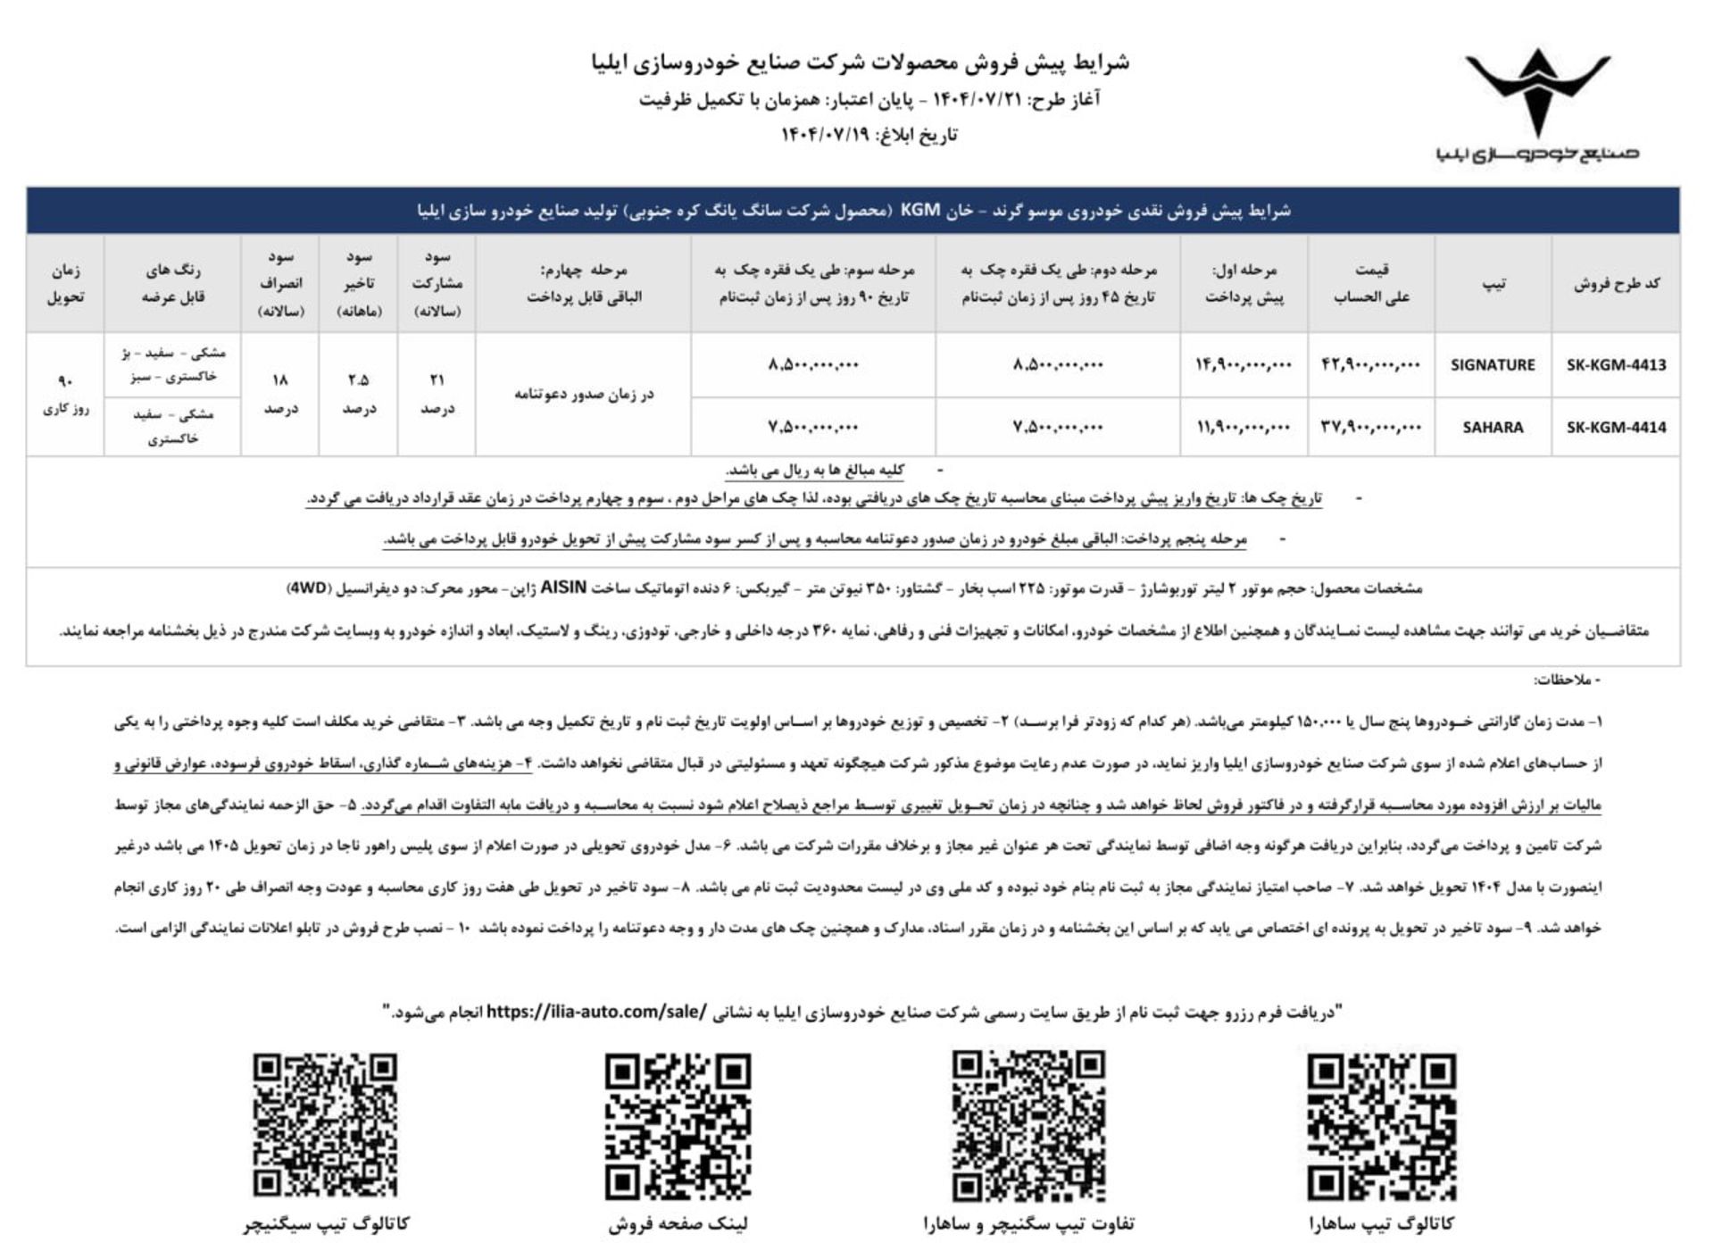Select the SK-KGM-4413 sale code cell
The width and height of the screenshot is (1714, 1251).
pos(1616,364)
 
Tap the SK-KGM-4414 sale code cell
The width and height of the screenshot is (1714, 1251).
pos(1616,427)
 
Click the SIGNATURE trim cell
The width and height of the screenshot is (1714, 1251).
pos(1493,364)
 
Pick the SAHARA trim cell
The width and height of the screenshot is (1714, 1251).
pos(1493,427)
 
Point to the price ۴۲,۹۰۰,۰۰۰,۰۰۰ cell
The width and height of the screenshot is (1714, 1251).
pos(1370,364)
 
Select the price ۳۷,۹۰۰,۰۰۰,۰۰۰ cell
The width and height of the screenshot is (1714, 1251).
pos(1370,427)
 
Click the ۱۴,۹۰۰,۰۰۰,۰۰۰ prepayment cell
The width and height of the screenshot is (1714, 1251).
pos(1244,364)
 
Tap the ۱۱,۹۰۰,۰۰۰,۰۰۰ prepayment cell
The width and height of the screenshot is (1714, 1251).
pos(1244,427)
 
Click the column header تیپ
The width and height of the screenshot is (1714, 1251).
pos(1494,284)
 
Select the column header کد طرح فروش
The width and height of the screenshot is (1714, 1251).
pos(1616,284)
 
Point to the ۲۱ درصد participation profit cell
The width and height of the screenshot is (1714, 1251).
pos(437,394)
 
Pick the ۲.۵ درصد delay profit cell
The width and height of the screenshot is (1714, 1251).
pos(359,394)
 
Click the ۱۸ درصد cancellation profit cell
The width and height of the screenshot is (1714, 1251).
pos(280,394)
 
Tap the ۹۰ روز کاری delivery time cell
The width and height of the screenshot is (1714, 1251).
pos(65,394)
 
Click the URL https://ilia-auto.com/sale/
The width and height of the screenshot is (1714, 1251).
pos(596,1012)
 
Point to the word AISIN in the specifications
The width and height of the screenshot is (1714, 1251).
pos(563,588)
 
